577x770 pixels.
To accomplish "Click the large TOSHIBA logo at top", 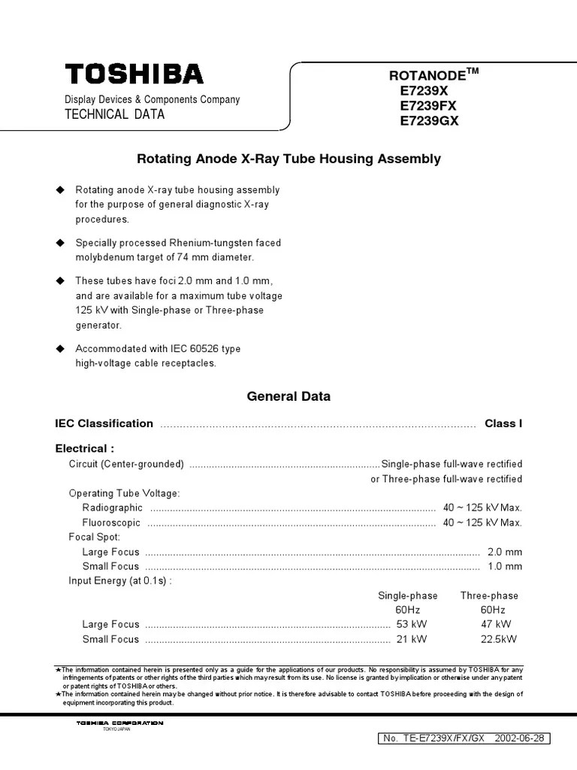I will [134, 74].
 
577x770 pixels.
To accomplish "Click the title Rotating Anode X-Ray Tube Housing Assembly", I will [288, 159].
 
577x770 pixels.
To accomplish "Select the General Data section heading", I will [288, 396].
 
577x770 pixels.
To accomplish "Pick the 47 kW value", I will [496, 624].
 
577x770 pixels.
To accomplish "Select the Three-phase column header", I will [489, 595].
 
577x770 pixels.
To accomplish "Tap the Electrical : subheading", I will [85, 449].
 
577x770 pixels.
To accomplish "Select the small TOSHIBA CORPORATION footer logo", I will [119, 723].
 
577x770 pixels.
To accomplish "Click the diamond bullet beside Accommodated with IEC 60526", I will [61, 349].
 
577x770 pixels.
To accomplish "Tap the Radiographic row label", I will [112, 508].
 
